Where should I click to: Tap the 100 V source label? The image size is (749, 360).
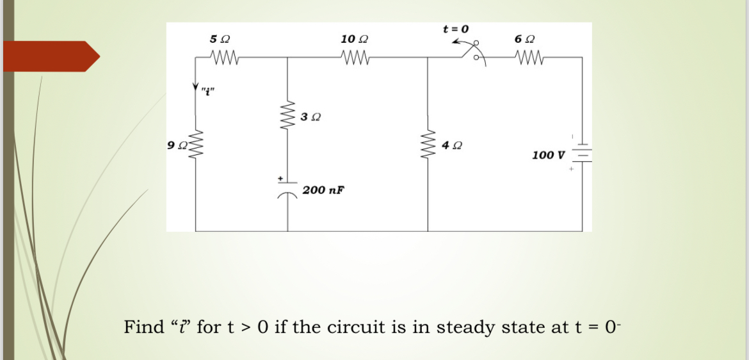point(548,155)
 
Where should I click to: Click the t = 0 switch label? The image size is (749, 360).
point(456,29)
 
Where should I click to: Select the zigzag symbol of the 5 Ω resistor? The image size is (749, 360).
point(224,58)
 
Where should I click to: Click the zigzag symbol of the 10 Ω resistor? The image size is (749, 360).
point(356,58)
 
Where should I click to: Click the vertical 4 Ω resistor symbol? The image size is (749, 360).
point(428,147)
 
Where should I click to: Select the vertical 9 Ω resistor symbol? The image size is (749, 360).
point(196,147)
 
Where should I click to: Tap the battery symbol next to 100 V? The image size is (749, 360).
point(582,154)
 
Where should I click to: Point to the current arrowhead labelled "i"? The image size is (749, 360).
point(196,88)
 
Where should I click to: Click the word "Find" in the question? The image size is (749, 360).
point(144,327)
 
